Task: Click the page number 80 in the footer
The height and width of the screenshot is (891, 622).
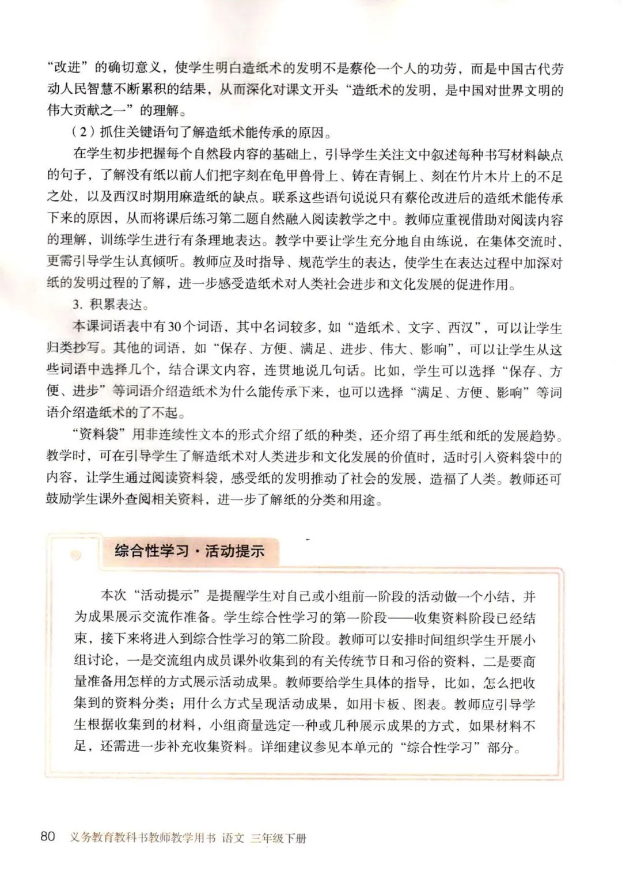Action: pyautogui.click(x=48, y=836)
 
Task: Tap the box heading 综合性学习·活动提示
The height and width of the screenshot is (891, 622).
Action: pyautogui.click(x=189, y=551)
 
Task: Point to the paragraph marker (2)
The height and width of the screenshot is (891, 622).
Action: pyautogui.click(x=83, y=133)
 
